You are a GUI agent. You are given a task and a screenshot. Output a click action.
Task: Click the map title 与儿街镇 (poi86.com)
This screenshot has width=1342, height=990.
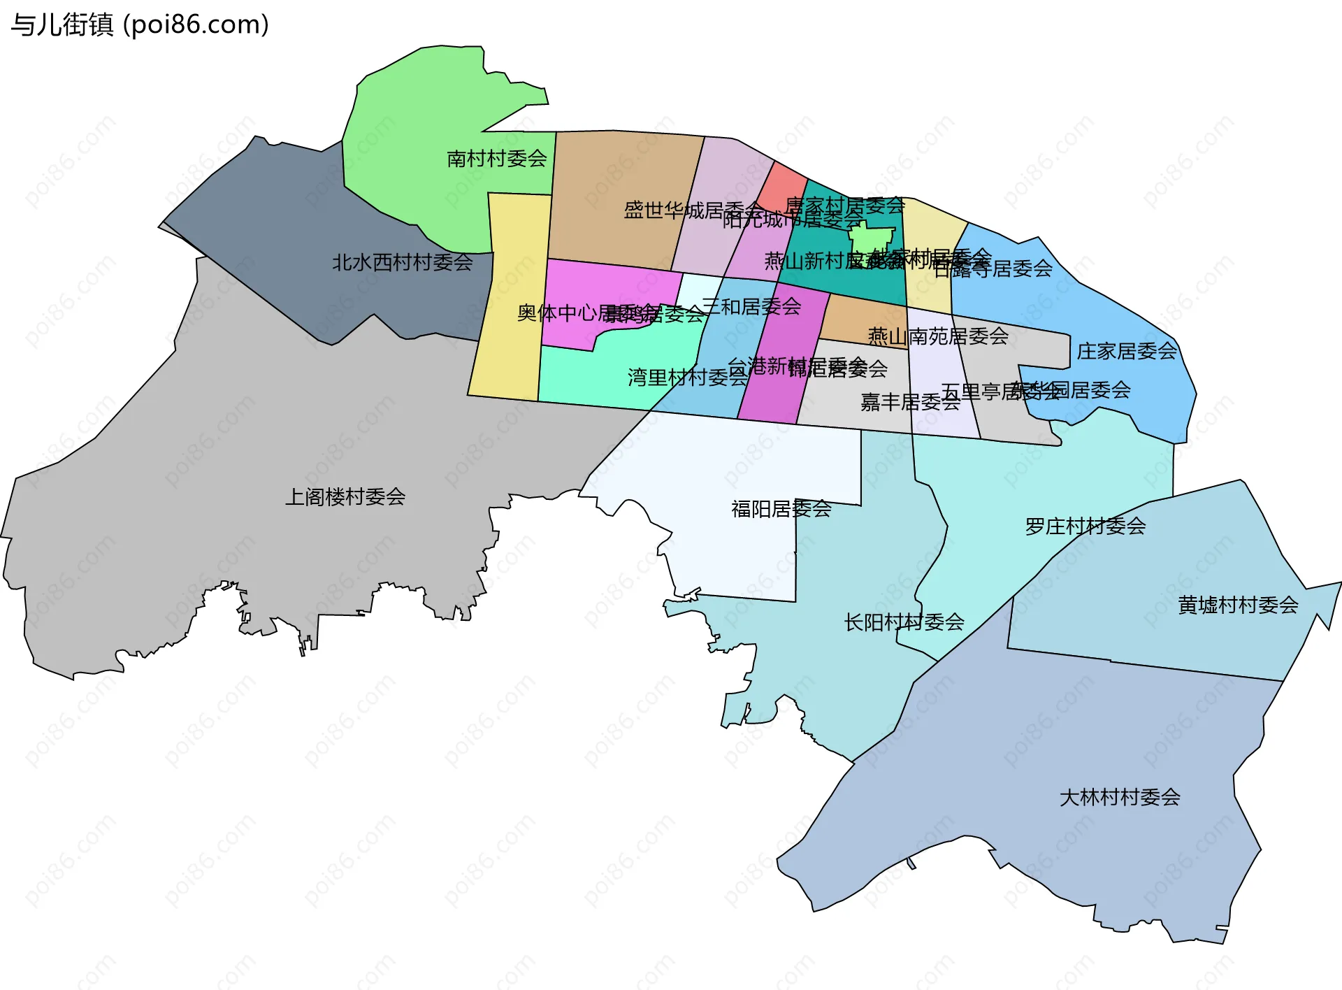click(x=140, y=25)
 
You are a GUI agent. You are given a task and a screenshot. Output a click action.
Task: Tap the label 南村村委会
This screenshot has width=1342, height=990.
click(x=496, y=159)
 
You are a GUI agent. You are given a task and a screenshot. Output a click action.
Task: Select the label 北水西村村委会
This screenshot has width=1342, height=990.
click(x=402, y=263)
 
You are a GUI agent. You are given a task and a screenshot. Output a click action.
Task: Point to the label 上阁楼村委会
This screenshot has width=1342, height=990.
click(x=345, y=497)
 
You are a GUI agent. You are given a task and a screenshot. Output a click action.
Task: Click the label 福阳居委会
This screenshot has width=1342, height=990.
click(x=781, y=509)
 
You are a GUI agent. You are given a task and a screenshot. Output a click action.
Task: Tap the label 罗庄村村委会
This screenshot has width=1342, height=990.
click(x=1085, y=526)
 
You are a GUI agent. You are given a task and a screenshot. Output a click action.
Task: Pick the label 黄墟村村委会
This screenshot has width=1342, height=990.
click(x=1237, y=605)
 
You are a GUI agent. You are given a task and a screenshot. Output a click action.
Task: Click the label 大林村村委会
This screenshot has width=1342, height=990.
click(x=1119, y=798)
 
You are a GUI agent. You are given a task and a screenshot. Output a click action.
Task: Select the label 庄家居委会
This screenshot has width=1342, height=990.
click(x=1126, y=352)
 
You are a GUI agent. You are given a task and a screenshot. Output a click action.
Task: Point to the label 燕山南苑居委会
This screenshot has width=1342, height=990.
click(x=937, y=337)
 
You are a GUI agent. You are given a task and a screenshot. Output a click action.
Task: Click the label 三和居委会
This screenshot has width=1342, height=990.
click(x=752, y=306)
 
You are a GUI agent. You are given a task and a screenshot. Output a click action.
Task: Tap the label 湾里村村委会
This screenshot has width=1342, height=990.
click(x=686, y=378)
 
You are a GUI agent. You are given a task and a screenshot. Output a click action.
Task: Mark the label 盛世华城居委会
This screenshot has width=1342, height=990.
click(x=692, y=210)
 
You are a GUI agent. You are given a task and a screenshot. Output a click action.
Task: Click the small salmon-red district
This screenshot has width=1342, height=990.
click(x=781, y=186)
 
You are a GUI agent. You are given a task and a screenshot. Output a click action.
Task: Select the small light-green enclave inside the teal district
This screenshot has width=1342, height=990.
click(x=870, y=240)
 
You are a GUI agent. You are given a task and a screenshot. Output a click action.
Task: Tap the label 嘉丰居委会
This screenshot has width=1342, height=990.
click(x=909, y=402)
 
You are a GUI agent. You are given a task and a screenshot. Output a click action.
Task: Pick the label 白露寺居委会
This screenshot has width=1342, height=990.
click(x=993, y=268)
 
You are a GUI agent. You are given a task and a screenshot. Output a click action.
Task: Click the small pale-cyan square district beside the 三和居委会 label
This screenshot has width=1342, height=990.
click(x=699, y=290)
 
